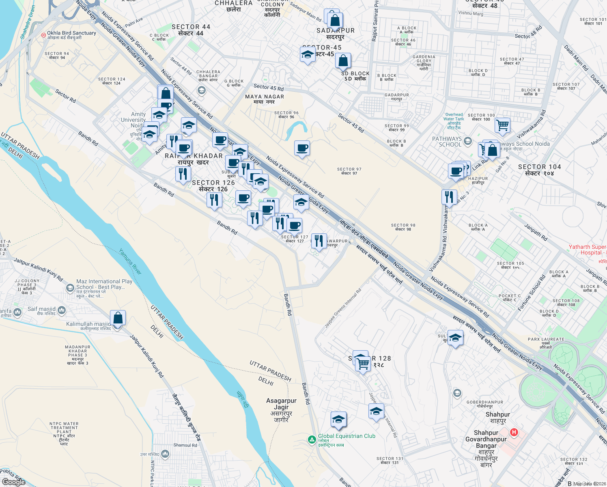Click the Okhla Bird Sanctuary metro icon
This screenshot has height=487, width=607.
(43, 35)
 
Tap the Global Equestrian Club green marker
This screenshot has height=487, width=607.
(312, 440)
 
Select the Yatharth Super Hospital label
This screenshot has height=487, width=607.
(587, 250)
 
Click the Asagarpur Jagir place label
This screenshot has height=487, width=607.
(281, 410)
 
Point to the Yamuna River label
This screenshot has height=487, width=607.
(130, 262)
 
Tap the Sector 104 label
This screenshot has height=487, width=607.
(539, 170)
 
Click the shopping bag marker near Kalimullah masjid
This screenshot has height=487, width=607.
(118, 318)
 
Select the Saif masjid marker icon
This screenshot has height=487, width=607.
(62, 311)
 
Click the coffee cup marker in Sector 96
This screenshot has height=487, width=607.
(302, 148)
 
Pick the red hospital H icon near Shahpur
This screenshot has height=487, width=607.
(514, 432)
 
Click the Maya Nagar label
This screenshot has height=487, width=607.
(265, 99)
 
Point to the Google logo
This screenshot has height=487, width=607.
(13, 482)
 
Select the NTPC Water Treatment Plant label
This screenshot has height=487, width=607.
(64, 433)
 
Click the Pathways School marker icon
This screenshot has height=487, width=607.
(468, 141)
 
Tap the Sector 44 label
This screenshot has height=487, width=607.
(191, 30)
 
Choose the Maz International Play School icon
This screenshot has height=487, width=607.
(70, 288)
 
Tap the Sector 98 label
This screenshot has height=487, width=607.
(403, 227)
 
